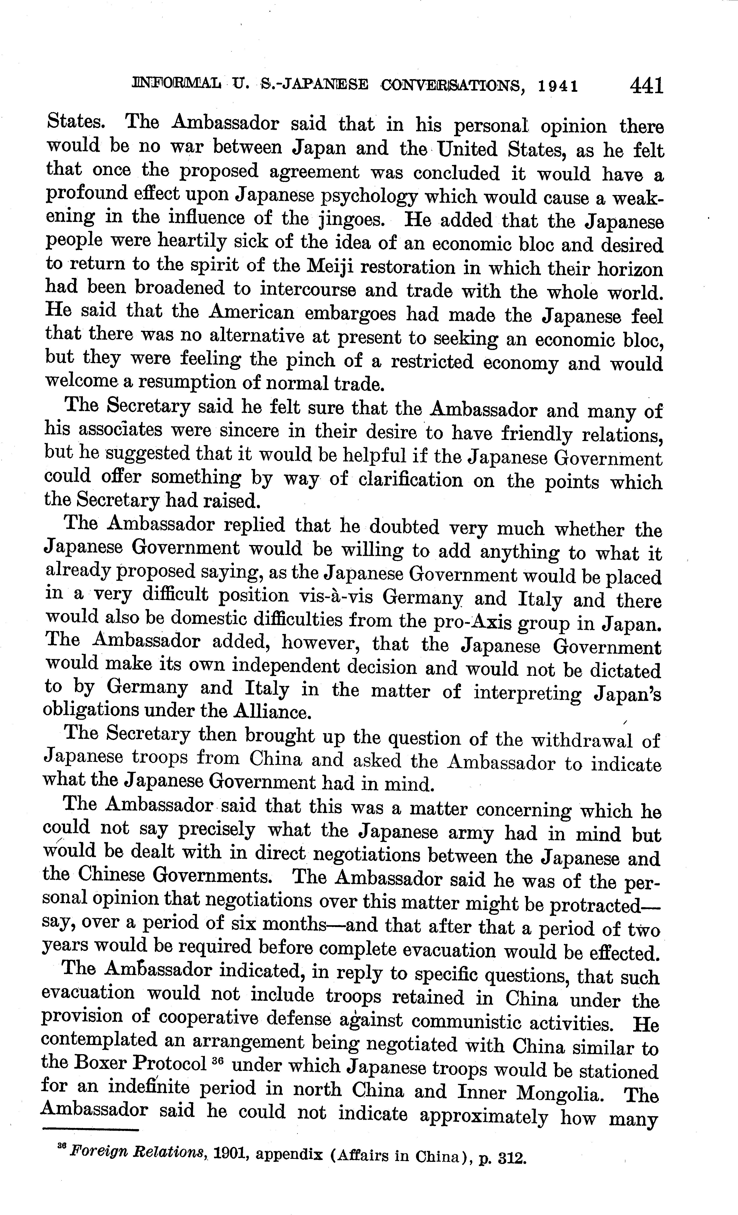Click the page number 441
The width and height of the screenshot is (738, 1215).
[x=645, y=85]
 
